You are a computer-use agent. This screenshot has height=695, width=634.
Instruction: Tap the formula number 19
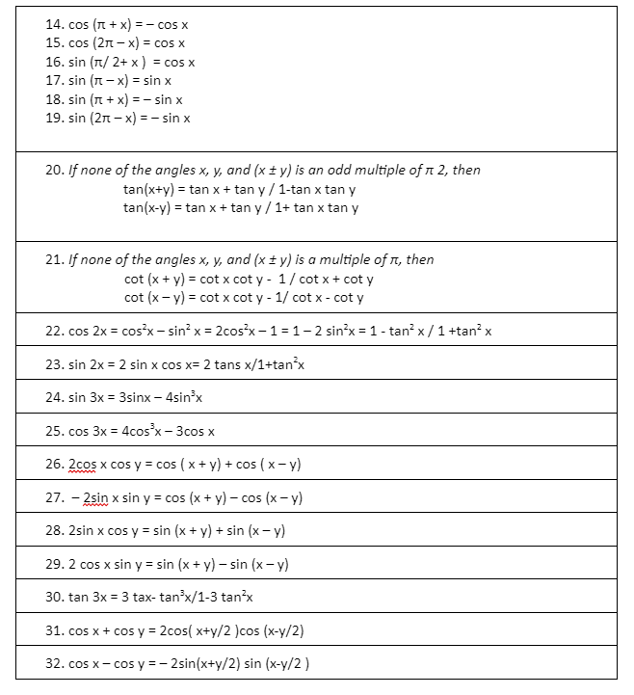54,118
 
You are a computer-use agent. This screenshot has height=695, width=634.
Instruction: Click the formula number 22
54,332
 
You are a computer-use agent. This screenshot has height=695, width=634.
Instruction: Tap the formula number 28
54,531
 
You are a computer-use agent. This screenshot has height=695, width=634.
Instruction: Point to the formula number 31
54,630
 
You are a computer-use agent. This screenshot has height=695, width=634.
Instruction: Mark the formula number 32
54,663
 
